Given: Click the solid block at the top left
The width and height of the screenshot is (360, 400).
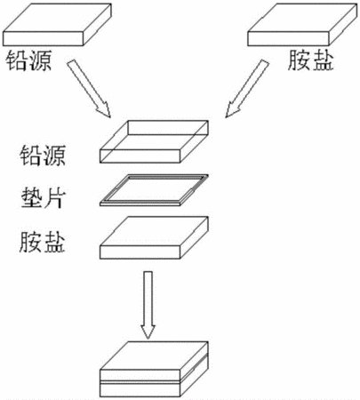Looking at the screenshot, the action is [57, 24].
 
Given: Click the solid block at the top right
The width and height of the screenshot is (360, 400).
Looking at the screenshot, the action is [302, 24].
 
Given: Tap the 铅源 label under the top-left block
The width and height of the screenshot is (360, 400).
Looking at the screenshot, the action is [29, 60].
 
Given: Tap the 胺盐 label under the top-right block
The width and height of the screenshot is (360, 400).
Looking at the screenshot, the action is [310, 60].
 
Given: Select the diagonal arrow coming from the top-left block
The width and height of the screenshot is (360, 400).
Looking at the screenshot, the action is [89, 88].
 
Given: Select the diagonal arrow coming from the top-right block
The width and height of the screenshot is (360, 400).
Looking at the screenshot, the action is [247, 88].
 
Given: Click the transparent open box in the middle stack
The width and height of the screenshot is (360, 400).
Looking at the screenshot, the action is [154, 141].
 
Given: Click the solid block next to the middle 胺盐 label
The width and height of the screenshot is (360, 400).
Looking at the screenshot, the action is [154, 238].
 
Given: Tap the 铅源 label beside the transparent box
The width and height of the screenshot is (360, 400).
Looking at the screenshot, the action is [43, 155].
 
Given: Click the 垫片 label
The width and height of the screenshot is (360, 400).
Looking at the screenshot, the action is [43, 198].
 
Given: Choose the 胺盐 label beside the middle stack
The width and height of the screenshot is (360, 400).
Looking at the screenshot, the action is [43, 242].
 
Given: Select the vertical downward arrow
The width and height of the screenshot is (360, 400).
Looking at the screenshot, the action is [148, 305].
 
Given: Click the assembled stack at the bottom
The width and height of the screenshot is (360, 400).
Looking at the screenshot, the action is [154, 369].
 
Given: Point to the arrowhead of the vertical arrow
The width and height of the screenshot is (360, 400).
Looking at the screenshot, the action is [148, 332].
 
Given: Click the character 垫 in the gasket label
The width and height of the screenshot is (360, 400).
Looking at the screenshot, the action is [31, 198].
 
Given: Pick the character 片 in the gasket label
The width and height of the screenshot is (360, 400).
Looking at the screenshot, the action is [54, 198].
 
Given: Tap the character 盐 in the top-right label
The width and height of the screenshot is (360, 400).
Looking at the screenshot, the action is [323, 60].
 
